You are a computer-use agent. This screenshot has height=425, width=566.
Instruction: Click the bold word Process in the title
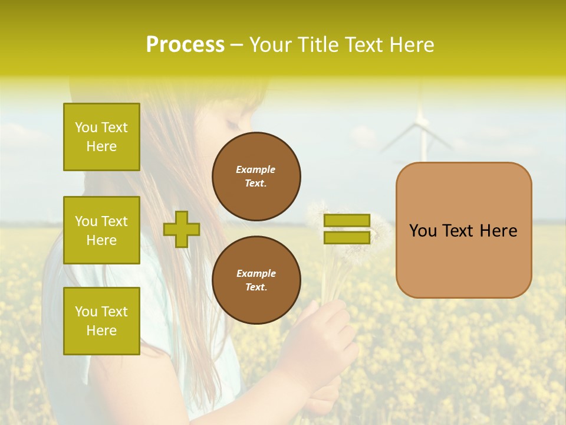tap(185, 45)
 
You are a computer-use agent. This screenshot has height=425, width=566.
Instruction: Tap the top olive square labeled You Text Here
tap(101, 137)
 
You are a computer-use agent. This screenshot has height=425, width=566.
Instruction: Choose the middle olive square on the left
tap(101, 230)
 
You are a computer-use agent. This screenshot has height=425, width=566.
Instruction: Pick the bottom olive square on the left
tap(101, 321)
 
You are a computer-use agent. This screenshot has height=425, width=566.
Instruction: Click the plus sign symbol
tap(181, 229)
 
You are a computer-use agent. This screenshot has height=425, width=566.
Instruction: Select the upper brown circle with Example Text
tap(256, 176)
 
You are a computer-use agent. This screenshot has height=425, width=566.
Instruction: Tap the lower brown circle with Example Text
tap(256, 280)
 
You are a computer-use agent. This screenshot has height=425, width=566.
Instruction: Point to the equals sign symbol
tap(347, 229)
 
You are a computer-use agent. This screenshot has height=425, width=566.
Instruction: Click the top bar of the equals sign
tap(347, 220)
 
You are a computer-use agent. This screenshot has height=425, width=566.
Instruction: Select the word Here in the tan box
tap(498, 231)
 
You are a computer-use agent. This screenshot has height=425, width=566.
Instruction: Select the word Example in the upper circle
tap(256, 169)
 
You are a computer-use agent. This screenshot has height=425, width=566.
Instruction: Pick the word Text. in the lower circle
tap(256, 287)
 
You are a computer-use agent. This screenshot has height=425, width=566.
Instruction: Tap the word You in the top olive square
tap(86, 127)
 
